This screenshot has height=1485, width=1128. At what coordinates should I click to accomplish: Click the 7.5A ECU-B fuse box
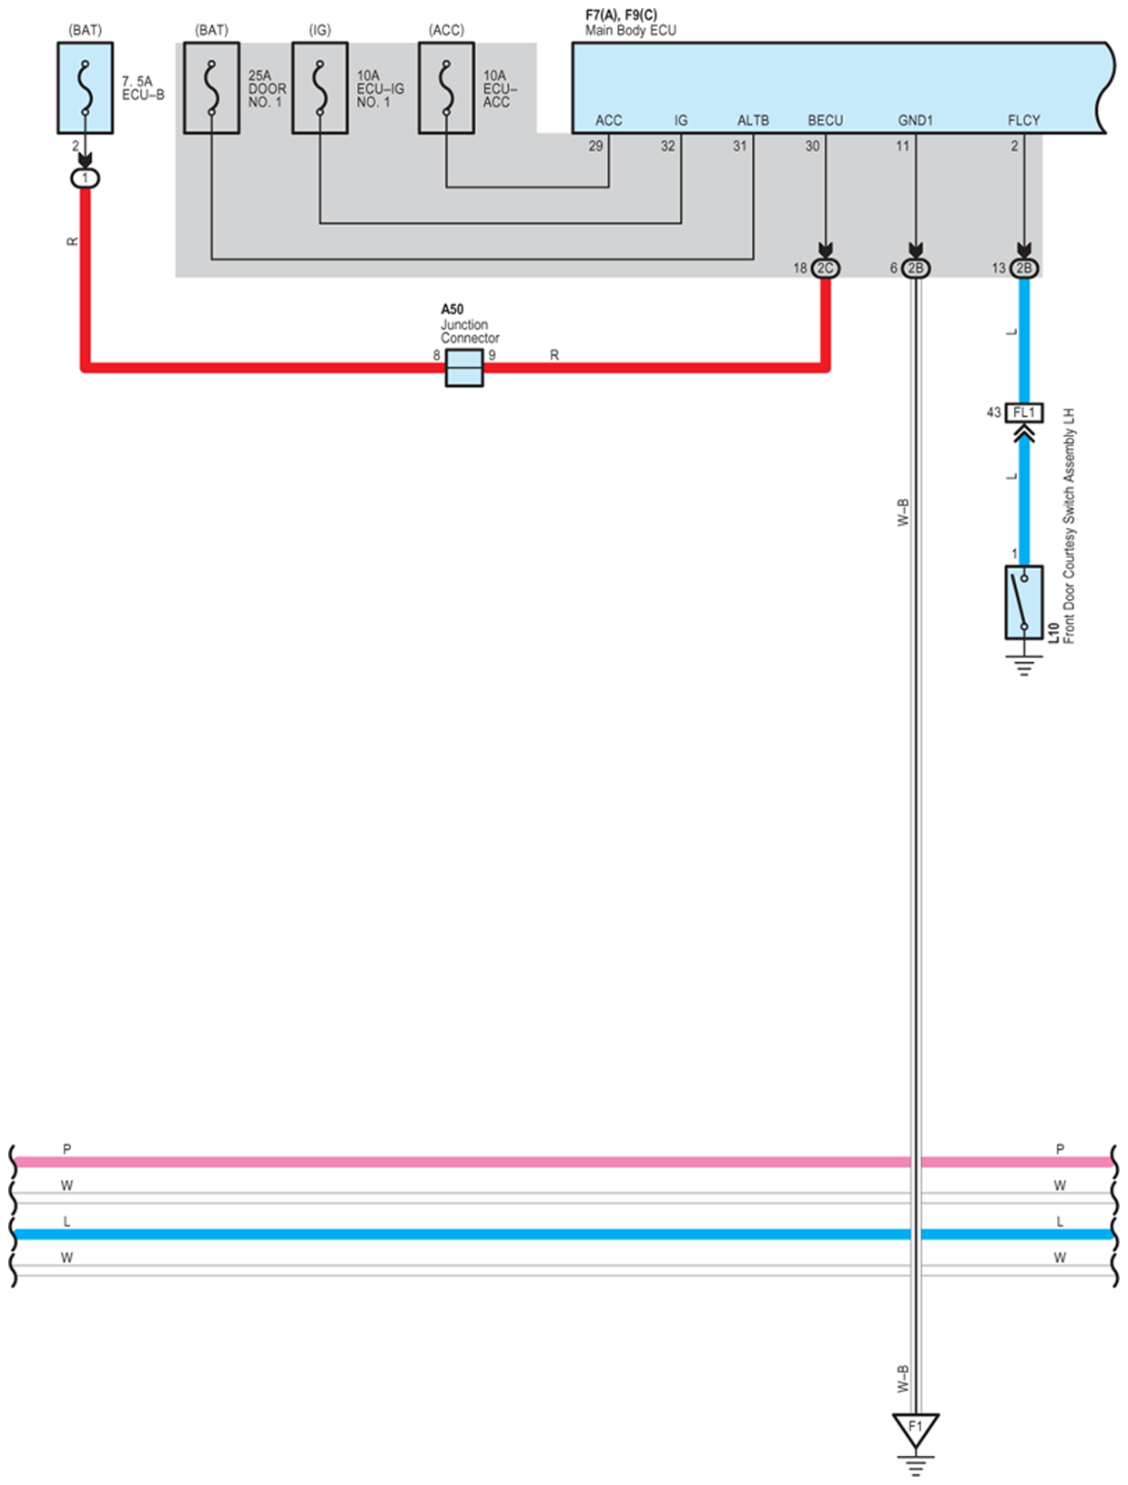pos(85,88)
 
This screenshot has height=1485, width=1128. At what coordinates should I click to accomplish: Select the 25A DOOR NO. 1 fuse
pos(211,88)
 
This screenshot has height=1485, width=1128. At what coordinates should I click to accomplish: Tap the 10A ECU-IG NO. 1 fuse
pos(320,88)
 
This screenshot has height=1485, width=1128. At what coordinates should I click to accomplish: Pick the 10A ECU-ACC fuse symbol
pos(446,88)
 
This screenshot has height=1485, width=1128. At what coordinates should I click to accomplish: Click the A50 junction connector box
pos(464,369)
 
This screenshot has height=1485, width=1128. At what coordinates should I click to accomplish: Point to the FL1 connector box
pos(1024,413)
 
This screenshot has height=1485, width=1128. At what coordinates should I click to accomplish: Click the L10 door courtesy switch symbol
pos(1024,602)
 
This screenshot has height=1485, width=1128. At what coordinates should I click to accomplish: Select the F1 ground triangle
pos(915,1429)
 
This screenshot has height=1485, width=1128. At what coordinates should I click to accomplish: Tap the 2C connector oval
pos(826,269)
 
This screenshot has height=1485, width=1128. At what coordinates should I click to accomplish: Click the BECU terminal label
pos(825,120)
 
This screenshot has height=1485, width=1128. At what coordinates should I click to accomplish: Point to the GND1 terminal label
pos(915,120)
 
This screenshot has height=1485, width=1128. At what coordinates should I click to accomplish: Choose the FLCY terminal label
pos(1023,120)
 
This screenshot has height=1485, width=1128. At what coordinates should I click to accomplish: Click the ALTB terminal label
pos(753,120)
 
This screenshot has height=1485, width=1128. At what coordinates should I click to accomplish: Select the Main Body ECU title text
pos(630,30)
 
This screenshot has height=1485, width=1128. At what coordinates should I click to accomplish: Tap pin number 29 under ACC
pos(595,146)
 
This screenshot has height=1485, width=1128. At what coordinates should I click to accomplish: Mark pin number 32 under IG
pos(667,146)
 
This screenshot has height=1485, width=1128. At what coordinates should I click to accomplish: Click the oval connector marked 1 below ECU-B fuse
pos(85,178)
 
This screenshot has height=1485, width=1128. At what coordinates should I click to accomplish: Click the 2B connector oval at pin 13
pos(1024,269)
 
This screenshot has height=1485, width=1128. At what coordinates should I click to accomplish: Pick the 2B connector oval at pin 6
pos(916,269)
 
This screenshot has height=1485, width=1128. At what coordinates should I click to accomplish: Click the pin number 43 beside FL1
pos(993,412)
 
